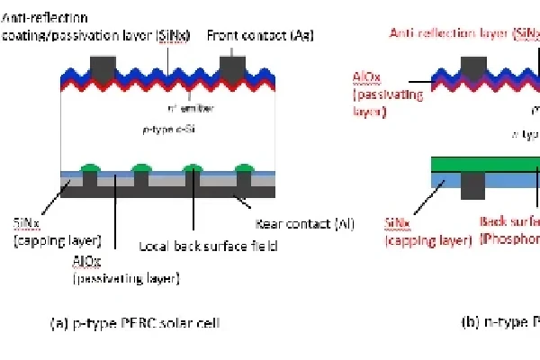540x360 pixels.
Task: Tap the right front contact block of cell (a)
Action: pos(233,64)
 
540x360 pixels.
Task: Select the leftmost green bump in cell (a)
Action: pos(89,167)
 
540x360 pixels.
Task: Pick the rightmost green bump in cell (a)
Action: pos(242,167)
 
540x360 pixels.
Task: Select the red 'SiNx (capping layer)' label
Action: pos(423,231)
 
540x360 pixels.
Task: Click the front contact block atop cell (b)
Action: pos(473,67)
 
